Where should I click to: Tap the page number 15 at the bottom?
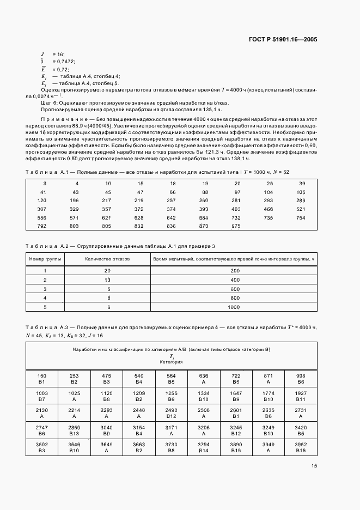314,465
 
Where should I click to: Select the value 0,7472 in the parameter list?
64,62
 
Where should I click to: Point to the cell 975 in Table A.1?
236,226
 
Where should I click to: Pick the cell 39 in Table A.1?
302,183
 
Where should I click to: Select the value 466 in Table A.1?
267,209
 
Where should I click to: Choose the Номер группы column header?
45,259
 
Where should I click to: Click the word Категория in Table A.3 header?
171,362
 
